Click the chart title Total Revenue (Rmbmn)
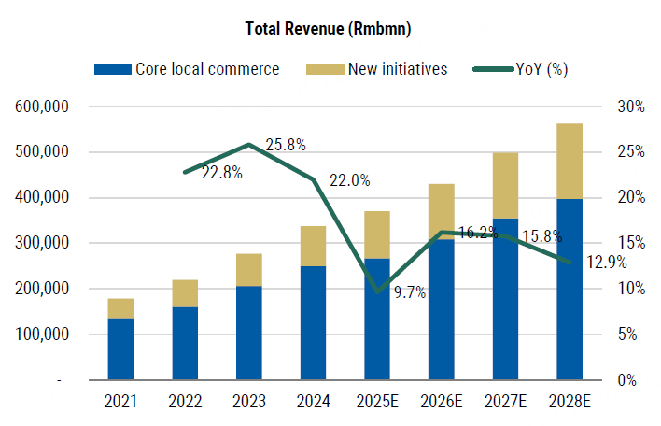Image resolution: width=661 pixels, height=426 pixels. coord(330,28)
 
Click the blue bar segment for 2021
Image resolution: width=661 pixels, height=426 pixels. coord(120,349)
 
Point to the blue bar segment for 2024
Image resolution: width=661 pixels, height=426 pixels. coord(313,322)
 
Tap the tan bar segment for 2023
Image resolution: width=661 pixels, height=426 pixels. coord(248,270)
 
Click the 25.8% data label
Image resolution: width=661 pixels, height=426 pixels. coord(286,145)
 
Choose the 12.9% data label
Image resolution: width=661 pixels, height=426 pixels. coord(608,263)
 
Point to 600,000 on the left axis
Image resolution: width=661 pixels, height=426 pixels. coord(44,106)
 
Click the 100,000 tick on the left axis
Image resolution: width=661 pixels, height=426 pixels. coord(44,334)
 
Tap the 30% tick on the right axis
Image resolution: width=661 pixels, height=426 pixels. coord(631,106)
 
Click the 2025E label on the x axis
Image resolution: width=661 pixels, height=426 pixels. coord(377,403)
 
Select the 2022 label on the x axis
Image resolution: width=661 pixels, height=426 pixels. coord(185,403)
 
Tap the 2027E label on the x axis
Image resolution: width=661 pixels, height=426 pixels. coord(505,403)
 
